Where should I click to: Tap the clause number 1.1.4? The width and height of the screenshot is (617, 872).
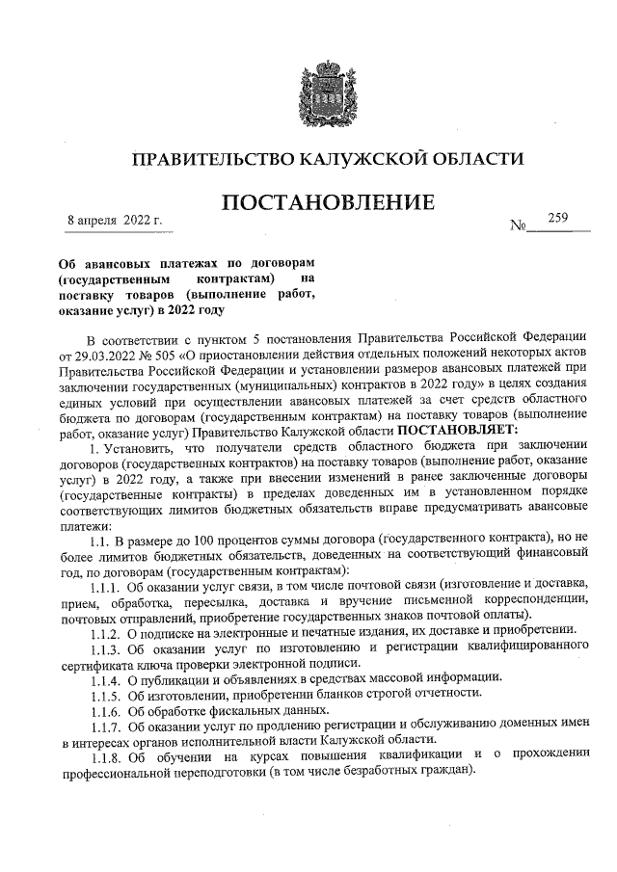point(104,678)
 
